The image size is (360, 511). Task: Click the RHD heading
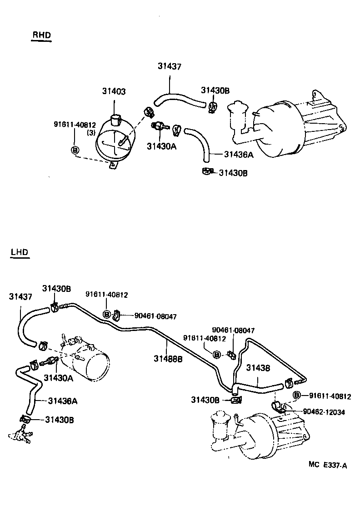pyautogui.click(x=41, y=35)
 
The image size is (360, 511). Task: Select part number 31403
pyautogui.click(x=114, y=91)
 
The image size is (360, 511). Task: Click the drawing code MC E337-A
pyautogui.click(x=327, y=464)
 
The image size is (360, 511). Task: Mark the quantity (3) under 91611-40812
pyautogui.click(x=91, y=133)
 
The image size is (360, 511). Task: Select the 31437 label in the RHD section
pyautogui.click(x=170, y=66)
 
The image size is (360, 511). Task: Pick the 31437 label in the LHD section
pyautogui.click(x=20, y=296)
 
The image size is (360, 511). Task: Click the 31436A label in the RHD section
pyautogui.click(x=239, y=154)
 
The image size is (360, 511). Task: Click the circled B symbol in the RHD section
pyautogui.click(x=75, y=150)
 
